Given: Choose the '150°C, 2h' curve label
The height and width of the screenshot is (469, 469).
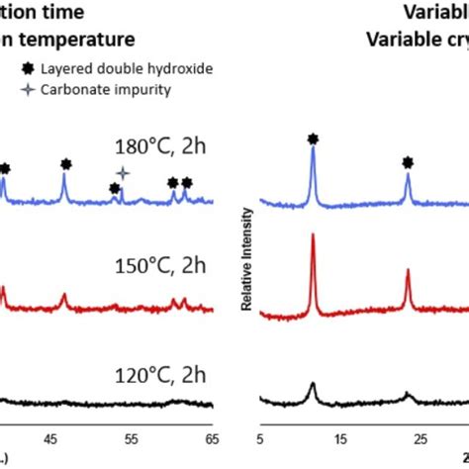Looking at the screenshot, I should pos(158,264).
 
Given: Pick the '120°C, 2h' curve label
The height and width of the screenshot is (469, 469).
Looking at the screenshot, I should pos(158,376).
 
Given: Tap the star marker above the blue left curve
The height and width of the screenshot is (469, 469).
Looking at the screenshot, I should pos(123,172).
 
